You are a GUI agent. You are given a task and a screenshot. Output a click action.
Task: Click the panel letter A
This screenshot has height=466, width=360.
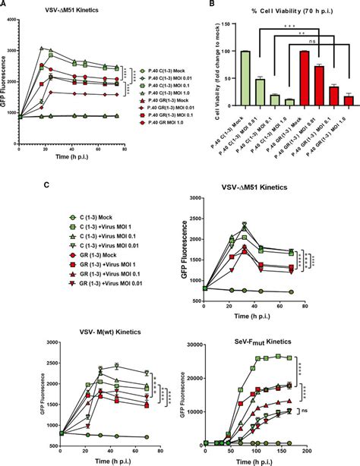tap(5, 5)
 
